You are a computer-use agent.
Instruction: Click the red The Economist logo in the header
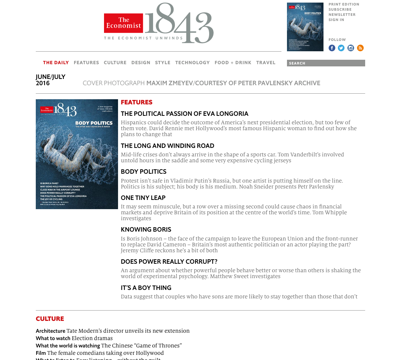pos(123,23)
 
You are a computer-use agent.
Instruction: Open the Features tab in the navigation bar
pos(86,63)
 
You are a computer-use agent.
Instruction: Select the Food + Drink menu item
pos(233,63)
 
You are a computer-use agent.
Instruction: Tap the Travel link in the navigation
pos(266,63)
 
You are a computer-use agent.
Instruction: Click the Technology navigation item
pos(192,63)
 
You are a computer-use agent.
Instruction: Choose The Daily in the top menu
pos(56,63)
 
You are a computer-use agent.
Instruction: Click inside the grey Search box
pos(326,63)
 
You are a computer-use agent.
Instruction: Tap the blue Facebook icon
pos(332,48)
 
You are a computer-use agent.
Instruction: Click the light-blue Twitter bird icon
pos(341,48)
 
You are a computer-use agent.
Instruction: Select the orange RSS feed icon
pos(360,48)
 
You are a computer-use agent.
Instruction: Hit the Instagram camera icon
pos(351,48)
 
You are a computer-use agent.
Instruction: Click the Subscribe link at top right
pos(340,10)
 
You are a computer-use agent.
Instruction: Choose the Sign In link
pos(336,20)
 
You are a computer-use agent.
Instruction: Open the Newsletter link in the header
pos(342,15)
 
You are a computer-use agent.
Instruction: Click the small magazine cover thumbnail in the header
pos(305,27)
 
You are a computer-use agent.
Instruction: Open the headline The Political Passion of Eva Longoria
pos(184,114)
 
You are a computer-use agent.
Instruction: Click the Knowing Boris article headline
pos(146,229)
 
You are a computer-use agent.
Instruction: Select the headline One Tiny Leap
pos(143,198)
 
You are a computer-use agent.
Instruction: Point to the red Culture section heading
pos(50,319)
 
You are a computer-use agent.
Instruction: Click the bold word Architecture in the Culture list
pos(51,331)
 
